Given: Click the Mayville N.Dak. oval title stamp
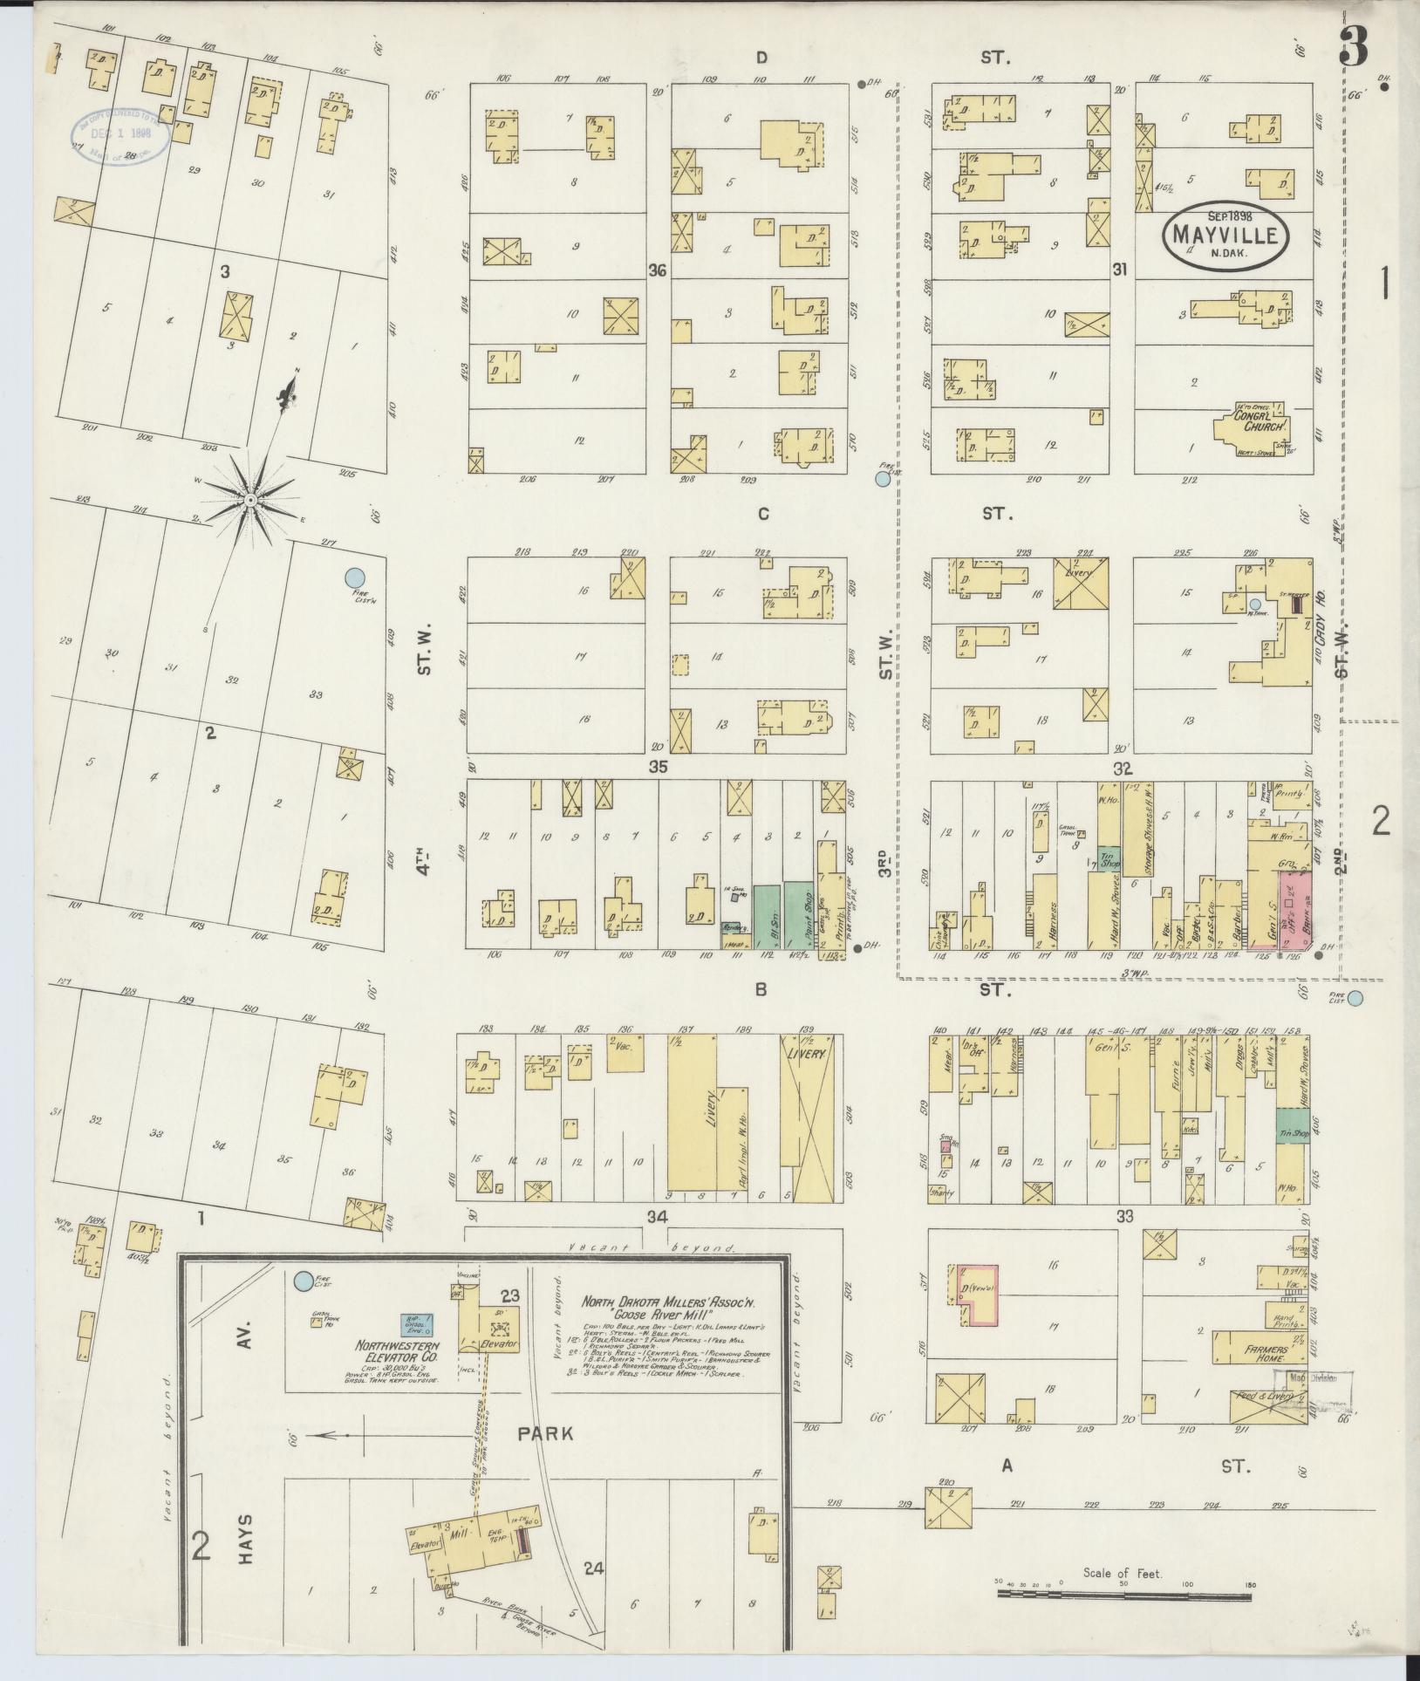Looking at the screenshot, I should [1225, 233].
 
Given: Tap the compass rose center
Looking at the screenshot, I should [250, 499].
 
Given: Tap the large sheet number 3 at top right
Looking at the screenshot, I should [1354, 44].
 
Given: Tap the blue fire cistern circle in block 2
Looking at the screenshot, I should [353, 577].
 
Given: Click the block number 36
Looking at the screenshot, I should [658, 270].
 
